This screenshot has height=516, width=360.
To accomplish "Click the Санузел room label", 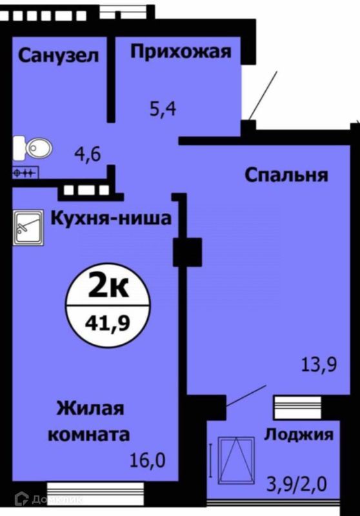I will pyautogui.click(x=58, y=56).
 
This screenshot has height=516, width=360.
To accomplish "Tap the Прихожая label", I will pyautogui.click(x=180, y=51).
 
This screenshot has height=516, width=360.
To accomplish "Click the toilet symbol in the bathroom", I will pyautogui.click(x=26, y=148).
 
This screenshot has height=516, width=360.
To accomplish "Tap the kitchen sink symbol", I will pyautogui.click(x=28, y=229).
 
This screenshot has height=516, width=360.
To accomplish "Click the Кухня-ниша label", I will pyautogui.click(x=111, y=219).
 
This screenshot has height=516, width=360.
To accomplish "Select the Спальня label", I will pyautogui.click(x=286, y=174).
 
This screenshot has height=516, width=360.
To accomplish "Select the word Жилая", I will pyautogui.click(x=90, y=409).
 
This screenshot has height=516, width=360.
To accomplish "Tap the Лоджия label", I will pyautogui.click(x=299, y=434).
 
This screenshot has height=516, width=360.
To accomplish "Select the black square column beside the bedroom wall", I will pyautogui.click(x=187, y=252).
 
